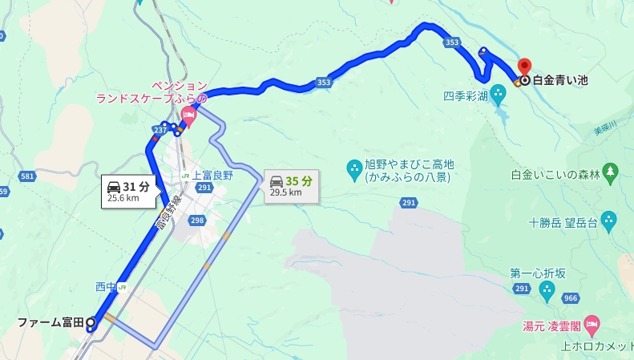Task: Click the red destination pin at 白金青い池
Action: [525, 65]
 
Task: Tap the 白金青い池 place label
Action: [560, 80]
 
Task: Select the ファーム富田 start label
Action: [50, 323]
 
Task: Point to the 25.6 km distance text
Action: [122, 198]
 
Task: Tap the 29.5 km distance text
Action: [286, 192]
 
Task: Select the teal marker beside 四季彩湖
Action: [498, 95]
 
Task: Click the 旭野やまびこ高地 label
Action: [409, 164]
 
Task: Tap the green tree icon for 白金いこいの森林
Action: [612, 171]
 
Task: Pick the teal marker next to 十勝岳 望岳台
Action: [608, 219]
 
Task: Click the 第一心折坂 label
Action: [538, 273]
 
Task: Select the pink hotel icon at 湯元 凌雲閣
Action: [592, 325]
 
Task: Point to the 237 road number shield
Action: [160, 129]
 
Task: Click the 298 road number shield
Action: [197, 220]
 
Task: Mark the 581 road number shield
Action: [28, 176]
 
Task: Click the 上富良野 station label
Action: [212, 175]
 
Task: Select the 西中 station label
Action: [106, 286]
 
